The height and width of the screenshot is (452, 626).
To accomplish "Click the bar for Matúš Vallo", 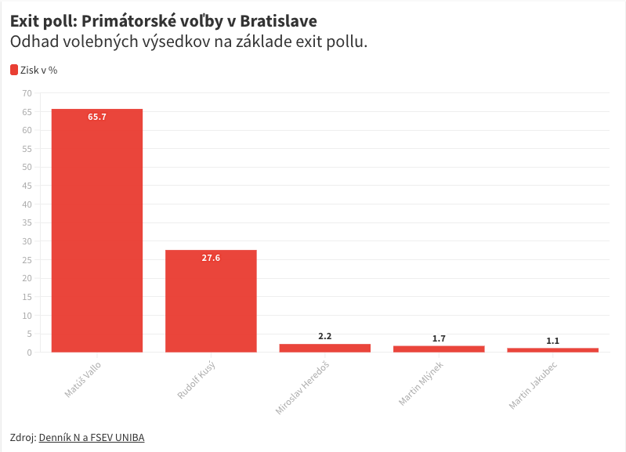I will (x=97, y=230).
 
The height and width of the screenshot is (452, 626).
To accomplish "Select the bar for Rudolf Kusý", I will (x=211, y=301).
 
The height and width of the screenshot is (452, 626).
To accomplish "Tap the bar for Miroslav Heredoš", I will (x=325, y=348).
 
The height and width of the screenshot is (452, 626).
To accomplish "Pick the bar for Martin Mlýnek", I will (x=439, y=349).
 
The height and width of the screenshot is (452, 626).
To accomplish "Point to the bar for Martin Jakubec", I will (x=552, y=349).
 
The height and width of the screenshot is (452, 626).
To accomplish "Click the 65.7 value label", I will (x=97, y=117).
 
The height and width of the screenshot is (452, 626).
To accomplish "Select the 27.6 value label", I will (x=211, y=258).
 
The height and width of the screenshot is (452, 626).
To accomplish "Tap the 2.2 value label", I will (x=325, y=336).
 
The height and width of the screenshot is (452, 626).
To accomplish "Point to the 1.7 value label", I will (x=439, y=338).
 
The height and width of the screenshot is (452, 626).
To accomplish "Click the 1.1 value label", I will (x=552, y=341).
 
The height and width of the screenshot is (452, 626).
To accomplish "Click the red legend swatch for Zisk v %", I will (x=14, y=70).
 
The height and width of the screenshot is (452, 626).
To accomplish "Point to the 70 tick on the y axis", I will (x=27, y=93).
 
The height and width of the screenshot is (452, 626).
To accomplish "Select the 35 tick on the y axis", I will (x=27, y=222).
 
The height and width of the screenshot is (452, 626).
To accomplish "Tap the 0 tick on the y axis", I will (x=30, y=353).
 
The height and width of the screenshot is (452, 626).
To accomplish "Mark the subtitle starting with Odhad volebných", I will (x=189, y=42).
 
